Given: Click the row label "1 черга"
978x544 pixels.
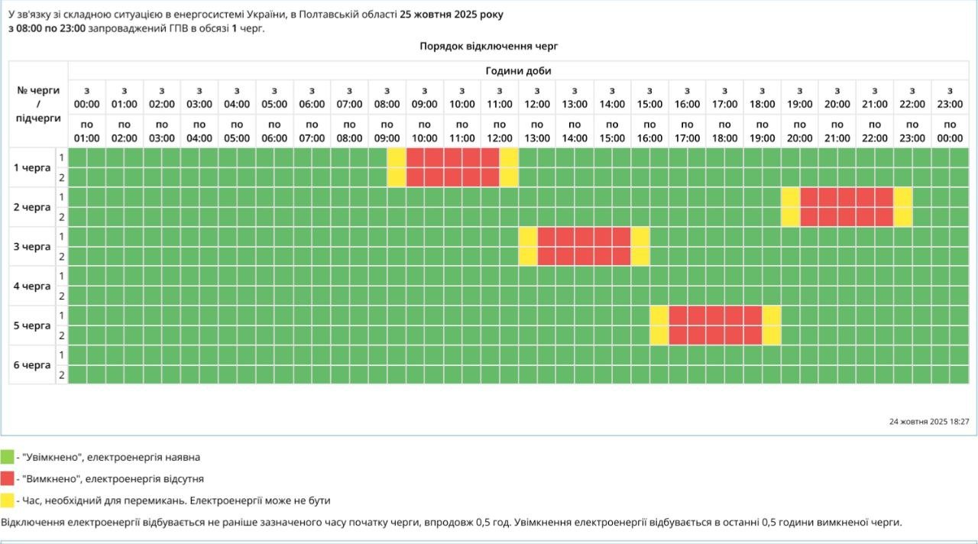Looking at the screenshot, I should [x=32, y=167].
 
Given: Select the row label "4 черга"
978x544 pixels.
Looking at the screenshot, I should [x=32, y=286].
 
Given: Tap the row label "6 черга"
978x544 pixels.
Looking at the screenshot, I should [x=32, y=364].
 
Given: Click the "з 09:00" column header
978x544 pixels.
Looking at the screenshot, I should [x=425, y=97].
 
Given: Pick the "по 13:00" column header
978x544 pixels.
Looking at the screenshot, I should [x=537, y=131].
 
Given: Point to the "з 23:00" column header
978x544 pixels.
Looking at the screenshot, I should [x=950, y=97].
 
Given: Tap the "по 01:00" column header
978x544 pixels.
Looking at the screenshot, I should [x=87, y=131].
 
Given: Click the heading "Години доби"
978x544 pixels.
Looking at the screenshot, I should [x=518, y=70].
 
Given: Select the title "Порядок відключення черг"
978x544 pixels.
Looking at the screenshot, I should [x=489, y=46].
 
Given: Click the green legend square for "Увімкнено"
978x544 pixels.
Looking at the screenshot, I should [x=7, y=457].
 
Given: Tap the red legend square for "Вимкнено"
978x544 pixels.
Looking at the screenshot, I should [x=7, y=478].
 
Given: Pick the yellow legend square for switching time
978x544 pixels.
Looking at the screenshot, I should [x=7, y=500].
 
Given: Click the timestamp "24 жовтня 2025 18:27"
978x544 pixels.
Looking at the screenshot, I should [x=929, y=421].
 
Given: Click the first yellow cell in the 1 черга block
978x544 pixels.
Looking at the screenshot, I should [x=397, y=167].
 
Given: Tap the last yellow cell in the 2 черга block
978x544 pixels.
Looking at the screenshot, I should [x=903, y=207].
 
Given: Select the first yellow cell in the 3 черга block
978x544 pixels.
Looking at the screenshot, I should [x=528, y=246].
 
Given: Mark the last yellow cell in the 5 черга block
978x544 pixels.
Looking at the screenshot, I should [x=772, y=325].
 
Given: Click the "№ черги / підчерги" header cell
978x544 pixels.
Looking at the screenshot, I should [x=38, y=104].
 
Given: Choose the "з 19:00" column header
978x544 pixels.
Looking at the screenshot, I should [x=800, y=97].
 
